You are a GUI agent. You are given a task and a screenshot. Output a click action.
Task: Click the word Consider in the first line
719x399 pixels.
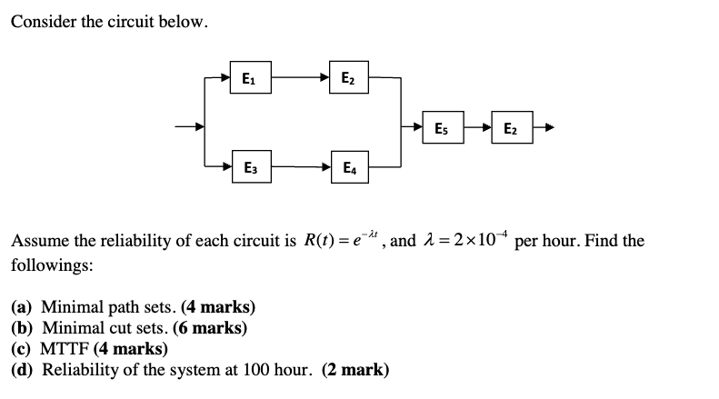point(41,22)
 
